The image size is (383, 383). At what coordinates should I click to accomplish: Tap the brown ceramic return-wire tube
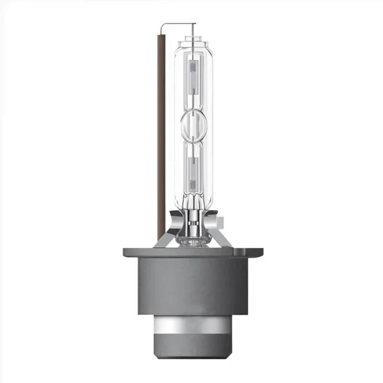pos(161,134)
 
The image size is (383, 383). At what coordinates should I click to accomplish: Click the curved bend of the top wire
pos(163,25)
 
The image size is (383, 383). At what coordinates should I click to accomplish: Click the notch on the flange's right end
pos(256,250)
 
